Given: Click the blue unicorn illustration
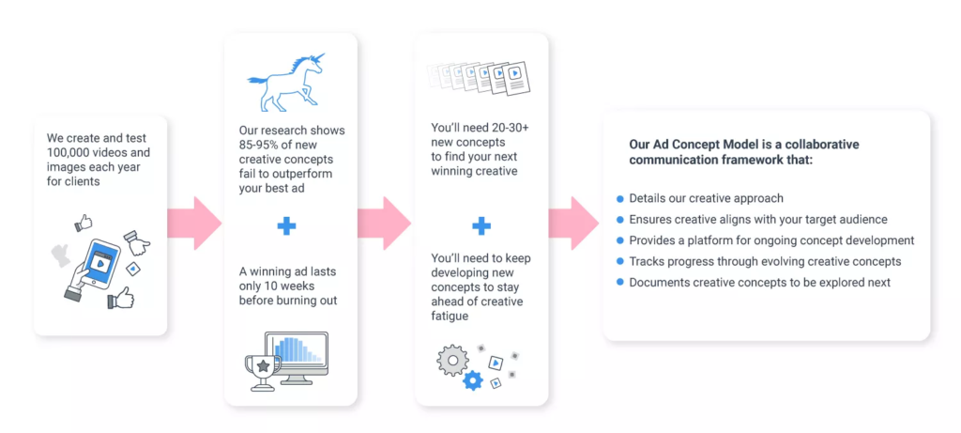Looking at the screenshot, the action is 285,83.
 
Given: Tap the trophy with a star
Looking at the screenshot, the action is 263,372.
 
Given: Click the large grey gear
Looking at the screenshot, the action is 452,360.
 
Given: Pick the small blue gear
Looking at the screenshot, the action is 473,380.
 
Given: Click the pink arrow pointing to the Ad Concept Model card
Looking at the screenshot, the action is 573,224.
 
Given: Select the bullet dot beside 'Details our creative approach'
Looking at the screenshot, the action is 619,199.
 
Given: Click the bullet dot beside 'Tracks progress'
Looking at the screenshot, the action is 619,262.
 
